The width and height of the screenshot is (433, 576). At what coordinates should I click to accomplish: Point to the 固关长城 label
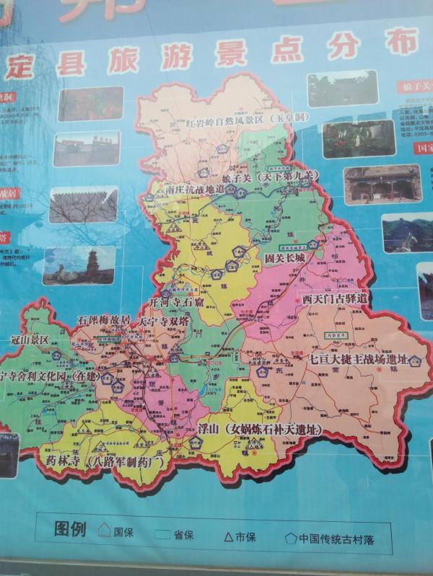click(x=284, y=257)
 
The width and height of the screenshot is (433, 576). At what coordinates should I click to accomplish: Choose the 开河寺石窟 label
click(x=176, y=304)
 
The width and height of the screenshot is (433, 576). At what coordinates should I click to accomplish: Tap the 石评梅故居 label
click(x=104, y=319)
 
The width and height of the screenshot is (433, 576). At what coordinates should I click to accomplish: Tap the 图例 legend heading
click(x=70, y=530)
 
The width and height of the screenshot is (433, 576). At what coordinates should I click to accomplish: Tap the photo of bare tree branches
click(x=83, y=205)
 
